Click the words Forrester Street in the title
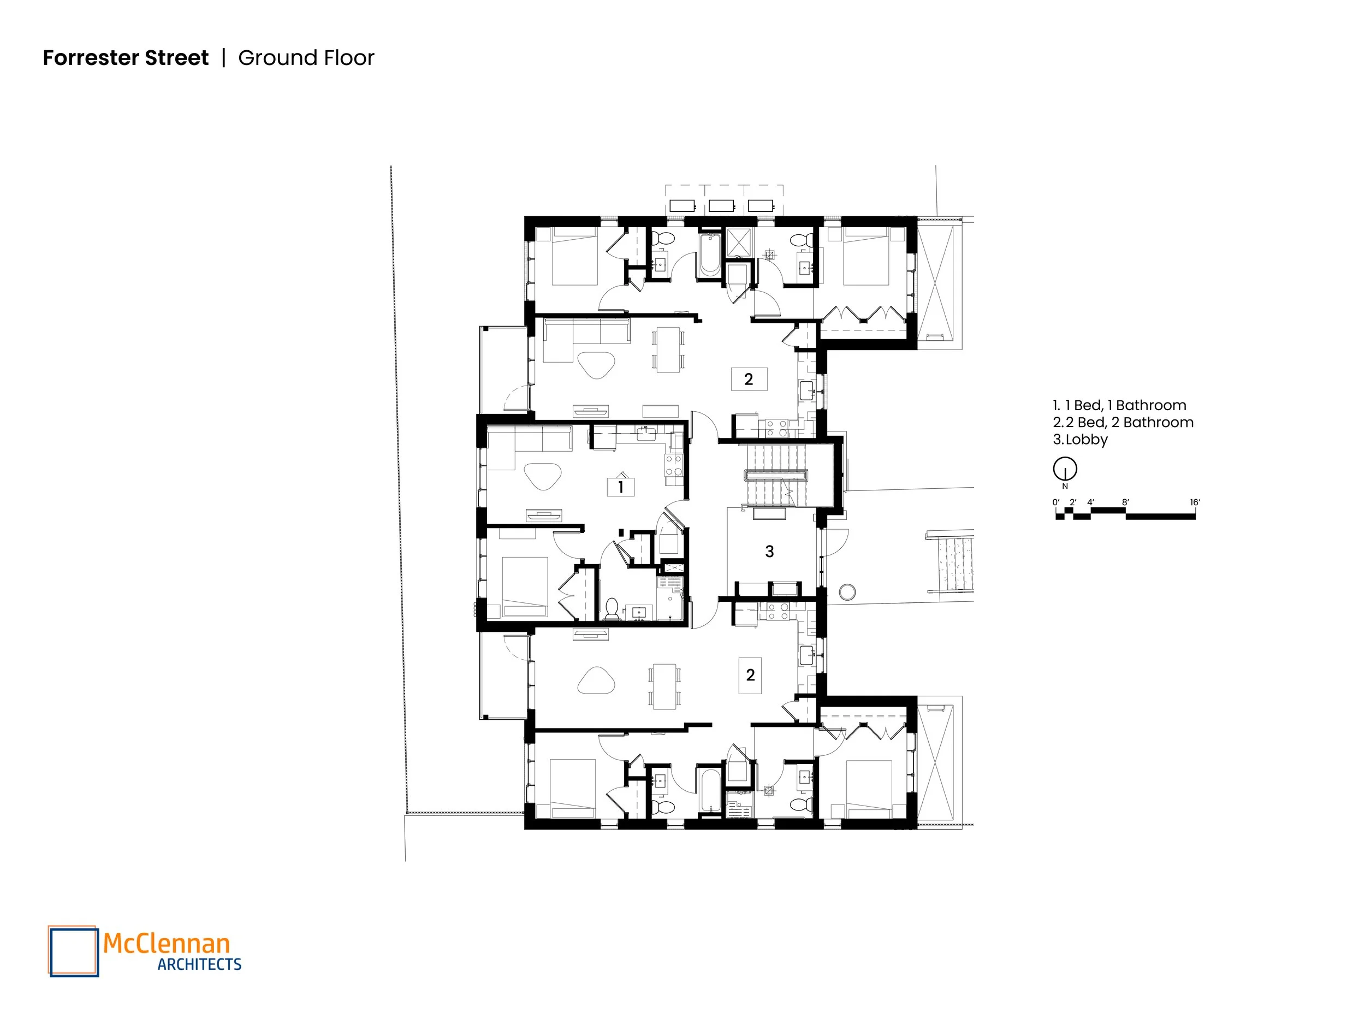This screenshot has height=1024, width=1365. tap(126, 57)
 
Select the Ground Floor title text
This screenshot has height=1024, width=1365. tap(306, 57)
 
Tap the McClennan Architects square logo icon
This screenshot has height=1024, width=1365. tap(73, 951)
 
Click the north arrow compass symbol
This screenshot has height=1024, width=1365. tap(1065, 470)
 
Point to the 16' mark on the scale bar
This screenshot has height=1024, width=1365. tap(1195, 502)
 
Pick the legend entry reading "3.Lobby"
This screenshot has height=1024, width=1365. tap(1080, 440)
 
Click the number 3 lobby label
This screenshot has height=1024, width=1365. tap(769, 551)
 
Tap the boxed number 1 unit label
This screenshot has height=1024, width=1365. tap(621, 487)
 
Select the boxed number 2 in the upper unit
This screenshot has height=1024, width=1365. tap(749, 379)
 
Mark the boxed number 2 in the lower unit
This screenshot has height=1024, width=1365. tap(750, 675)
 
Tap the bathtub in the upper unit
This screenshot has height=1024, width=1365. tap(710, 256)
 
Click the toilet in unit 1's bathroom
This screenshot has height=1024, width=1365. tap(612, 608)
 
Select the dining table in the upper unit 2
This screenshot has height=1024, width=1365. tap(668, 350)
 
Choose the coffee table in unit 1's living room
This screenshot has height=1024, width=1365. tap(543, 475)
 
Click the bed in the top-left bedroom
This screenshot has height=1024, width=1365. tap(574, 256)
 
